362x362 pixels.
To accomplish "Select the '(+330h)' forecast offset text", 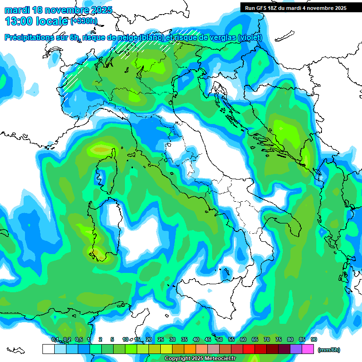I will pyautogui.click(x=84, y=21).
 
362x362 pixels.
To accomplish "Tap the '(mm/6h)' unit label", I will pyautogui.click(x=329, y=350).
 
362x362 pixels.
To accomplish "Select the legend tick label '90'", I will pyautogui.click(x=314, y=339).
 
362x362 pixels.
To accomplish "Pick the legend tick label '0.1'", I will pyautogui.click(x=55, y=339).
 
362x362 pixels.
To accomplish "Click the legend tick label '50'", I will pyautogui.click(x=220, y=339).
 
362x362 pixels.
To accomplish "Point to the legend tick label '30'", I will pyautogui.click(x=173, y=339).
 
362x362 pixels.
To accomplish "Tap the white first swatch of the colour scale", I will pyautogui.click(x=48, y=349).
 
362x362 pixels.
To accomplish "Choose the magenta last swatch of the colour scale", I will pyautogui.click(x=308, y=349).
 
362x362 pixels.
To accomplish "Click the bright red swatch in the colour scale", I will pyautogui.click(x=249, y=349).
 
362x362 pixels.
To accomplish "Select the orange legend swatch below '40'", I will pyautogui.click(x=190, y=349).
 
